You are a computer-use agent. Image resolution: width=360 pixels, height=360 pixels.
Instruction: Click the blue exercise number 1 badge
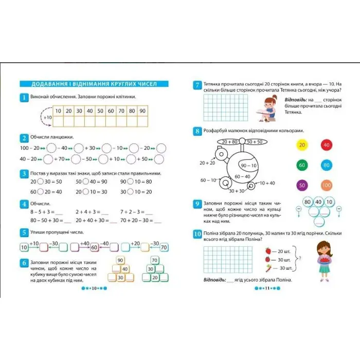[x=24, y=98]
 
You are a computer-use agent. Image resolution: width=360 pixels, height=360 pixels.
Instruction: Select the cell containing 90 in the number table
[x=142, y=111]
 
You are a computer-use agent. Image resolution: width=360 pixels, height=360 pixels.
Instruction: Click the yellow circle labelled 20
[x=302, y=145]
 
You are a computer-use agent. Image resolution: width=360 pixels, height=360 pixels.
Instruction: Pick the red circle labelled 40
[x=326, y=145]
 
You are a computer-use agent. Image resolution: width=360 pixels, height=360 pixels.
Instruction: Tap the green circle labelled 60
[x=302, y=165]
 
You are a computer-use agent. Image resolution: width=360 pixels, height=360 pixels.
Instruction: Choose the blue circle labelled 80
[x=326, y=165]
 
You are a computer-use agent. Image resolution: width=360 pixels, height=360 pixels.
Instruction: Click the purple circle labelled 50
[x=302, y=185]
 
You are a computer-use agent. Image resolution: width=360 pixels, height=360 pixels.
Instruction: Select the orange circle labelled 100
[x=326, y=185]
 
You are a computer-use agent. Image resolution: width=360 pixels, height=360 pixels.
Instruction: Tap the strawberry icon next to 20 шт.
[x=268, y=251]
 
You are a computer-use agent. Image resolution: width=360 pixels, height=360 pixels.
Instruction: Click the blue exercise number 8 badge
[x=197, y=131]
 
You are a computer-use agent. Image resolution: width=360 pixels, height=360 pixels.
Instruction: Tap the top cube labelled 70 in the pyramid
[x=154, y=260]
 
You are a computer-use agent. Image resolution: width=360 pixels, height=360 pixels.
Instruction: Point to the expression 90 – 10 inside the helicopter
[x=248, y=166]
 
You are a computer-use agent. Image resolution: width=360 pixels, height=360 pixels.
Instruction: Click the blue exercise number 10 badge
[x=197, y=234]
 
